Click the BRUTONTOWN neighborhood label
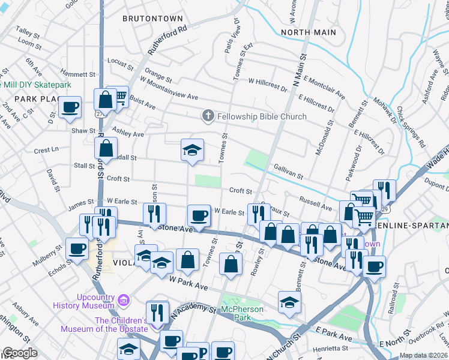pyautogui.click(x=152, y=19)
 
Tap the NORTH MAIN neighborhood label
pyautogui.click(x=308, y=32)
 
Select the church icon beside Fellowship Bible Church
pyautogui.click(x=208, y=116)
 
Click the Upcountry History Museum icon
pyautogui.click(x=124, y=299)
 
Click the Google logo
pyautogui.click(x=19, y=353)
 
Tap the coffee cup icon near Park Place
pyautogui.click(x=70, y=106)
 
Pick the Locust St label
pyautogui.click(x=120, y=62)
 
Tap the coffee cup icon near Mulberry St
pyautogui.click(x=76, y=248)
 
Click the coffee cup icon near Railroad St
pyautogui.click(x=375, y=266)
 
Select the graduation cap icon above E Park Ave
pyautogui.click(x=289, y=302)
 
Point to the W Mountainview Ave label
pyautogui.click(x=169, y=88)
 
